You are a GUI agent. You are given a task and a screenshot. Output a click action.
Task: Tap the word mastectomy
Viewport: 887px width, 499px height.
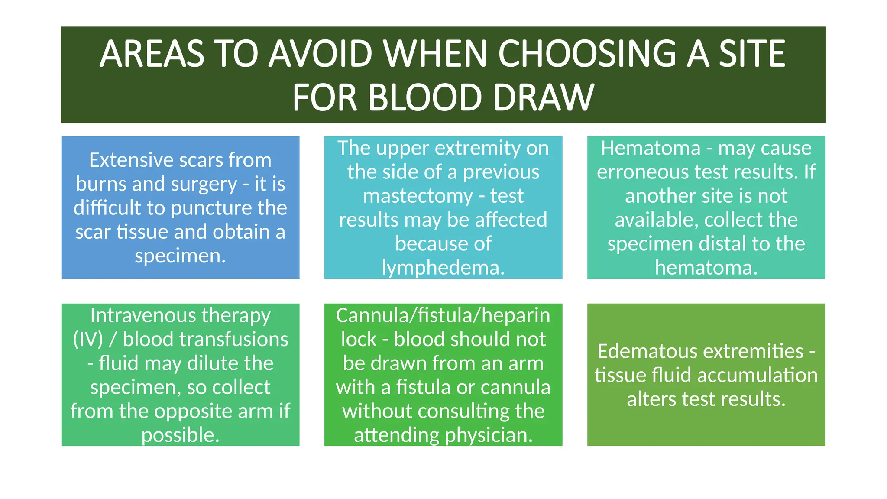click(x=418, y=196)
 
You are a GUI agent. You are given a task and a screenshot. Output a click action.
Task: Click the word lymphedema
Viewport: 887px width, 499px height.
click(x=443, y=268)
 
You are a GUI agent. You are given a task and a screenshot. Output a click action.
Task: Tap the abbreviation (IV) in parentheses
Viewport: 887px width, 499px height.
click(x=88, y=339)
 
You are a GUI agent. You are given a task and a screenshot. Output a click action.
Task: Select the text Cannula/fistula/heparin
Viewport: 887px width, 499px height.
click(x=443, y=315)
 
